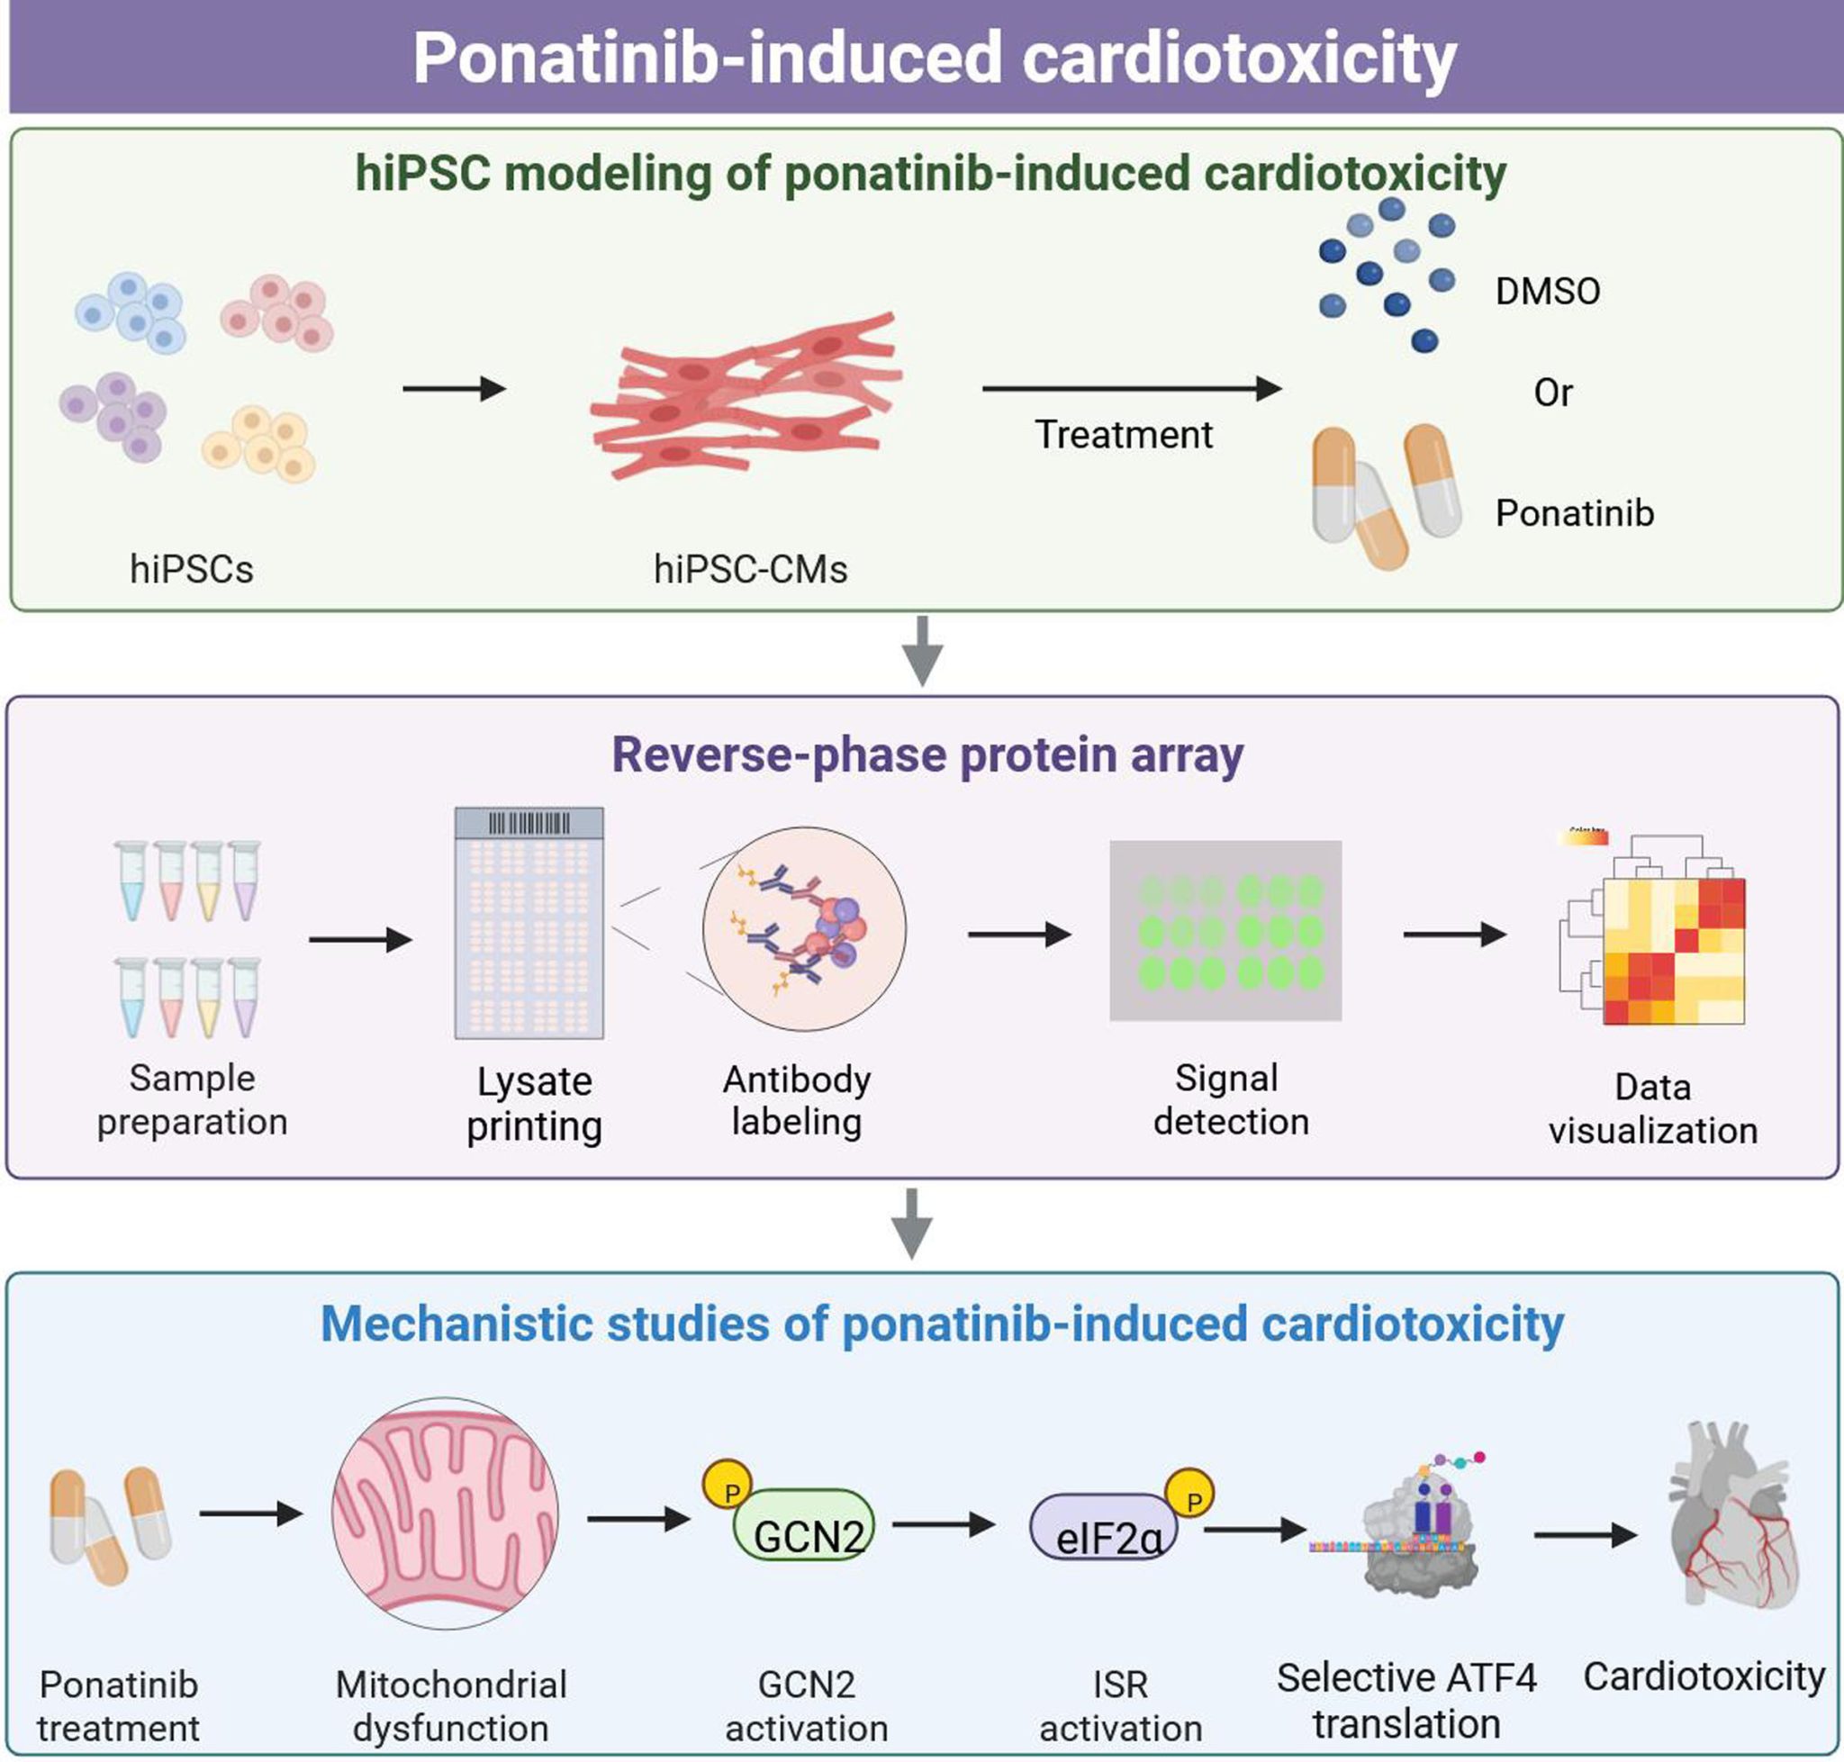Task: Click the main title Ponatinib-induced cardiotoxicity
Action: [x=934, y=59]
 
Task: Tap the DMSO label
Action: [x=1547, y=291]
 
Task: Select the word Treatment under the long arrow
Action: [x=1123, y=435]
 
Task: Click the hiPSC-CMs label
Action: [x=750, y=569]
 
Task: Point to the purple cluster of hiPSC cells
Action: [x=113, y=415]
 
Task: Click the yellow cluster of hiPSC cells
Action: [x=259, y=443]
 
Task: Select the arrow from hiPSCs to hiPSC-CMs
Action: [x=454, y=388]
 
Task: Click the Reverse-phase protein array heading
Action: [x=927, y=754]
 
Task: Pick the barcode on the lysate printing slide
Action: [x=529, y=824]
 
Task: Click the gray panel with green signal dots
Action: [x=1225, y=930]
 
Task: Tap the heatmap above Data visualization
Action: [x=1672, y=951]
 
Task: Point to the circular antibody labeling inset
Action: [x=804, y=929]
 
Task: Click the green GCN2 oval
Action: [x=805, y=1526]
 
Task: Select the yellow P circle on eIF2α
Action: [x=1189, y=1494]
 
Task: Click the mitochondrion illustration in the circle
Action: [x=446, y=1514]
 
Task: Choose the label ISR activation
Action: [x=1120, y=1705]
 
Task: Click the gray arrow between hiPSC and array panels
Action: [x=921, y=650]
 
